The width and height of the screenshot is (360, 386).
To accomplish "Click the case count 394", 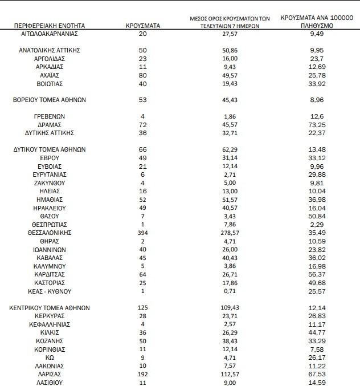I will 143,233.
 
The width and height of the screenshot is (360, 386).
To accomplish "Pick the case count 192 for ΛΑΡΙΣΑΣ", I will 143,374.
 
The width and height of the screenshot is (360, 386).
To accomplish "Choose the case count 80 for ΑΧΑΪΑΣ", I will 143,75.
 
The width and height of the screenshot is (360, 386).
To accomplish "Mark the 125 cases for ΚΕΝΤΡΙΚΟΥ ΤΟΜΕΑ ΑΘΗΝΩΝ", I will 143,308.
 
